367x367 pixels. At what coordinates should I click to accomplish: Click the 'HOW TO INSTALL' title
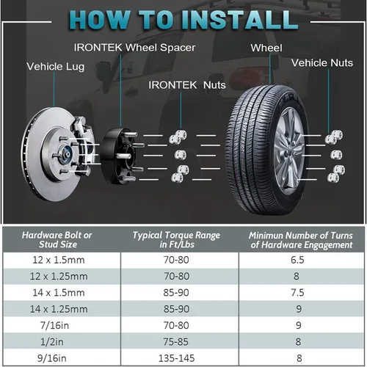coord(183,20)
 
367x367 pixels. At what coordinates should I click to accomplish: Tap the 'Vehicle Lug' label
coord(56,67)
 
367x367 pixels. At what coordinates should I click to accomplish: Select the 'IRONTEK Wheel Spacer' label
coord(134,48)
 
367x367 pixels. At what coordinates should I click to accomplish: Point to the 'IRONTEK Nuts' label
coord(187,85)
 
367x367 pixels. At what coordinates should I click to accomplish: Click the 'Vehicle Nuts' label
coord(322,63)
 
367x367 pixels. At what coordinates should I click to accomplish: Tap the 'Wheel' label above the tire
coord(266,48)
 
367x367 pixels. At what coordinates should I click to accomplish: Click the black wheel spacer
coord(115,156)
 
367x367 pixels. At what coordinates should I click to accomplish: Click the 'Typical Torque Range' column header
coord(176,240)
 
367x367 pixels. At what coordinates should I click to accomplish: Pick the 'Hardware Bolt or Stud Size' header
coord(57,240)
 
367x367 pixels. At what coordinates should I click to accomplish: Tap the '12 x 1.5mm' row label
coord(59,260)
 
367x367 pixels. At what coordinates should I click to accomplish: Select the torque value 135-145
coord(176,358)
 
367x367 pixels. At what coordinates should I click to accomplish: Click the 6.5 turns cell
coord(297,260)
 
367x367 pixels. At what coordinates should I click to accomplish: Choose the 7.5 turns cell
coord(297,293)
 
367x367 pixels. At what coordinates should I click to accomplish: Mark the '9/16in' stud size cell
coord(52,358)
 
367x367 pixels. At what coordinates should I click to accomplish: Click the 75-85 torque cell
coord(176,342)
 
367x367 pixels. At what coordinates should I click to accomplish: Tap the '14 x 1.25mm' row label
coord(59,309)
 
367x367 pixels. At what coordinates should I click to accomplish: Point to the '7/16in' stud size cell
coord(55,326)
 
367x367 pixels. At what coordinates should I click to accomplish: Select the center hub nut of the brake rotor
coord(66,153)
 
